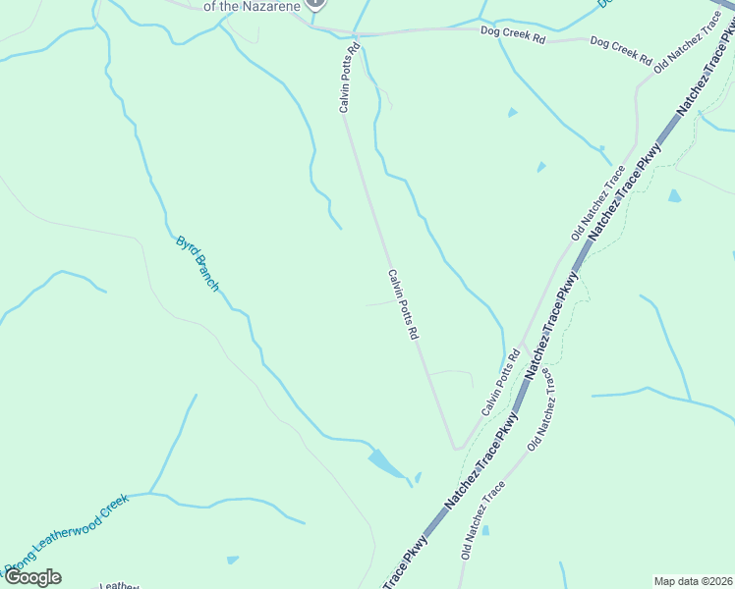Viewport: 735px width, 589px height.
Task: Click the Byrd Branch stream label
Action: pyautogui.click(x=198, y=263)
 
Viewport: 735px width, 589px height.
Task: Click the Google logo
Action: pyautogui.click(x=32, y=577)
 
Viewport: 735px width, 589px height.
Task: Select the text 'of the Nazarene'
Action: pyautogui.click(x=251, y=6)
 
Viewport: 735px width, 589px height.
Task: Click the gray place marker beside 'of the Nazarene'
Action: pyautogui.click(x=315, y=3)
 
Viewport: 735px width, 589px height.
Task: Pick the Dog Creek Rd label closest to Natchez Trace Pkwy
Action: pyautogui.click(x=621, y=51)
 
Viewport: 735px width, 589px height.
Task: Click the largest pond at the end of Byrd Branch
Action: pyautogui.click(x=386, y=463)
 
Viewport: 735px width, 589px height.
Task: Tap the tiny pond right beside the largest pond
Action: pyautogui.click(x=418, y=478)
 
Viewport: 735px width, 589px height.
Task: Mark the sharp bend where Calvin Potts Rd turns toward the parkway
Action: pyautogui.click(x=456, y=448)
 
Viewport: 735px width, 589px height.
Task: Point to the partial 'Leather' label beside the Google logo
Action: pyautogui.click(x=118, y=585)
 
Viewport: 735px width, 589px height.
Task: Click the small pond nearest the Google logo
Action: pyautogui.click(x=232, y=561)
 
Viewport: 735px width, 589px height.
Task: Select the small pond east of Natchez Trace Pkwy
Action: pyautogui.click(x=674, y=196)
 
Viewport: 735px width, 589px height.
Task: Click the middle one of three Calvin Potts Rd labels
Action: pyautogui.click(x=404, y=305)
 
